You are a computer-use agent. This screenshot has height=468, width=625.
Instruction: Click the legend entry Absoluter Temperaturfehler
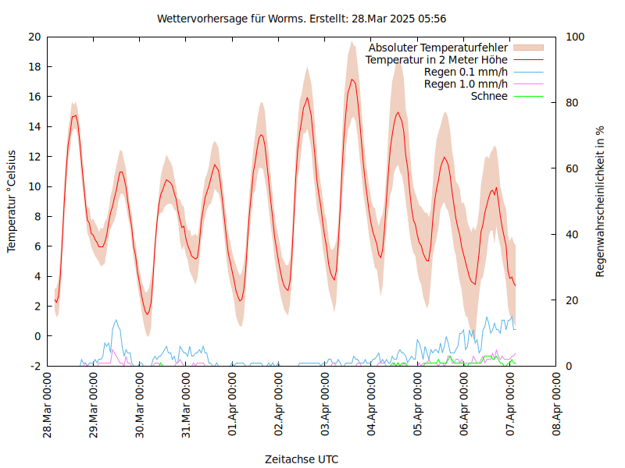[438, 47]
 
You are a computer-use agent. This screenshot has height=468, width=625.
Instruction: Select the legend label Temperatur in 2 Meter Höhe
[437, 59]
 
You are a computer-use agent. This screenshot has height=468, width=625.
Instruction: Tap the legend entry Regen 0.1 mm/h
[466, 72]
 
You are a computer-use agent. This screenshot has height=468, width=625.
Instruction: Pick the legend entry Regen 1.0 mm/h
[466, 84]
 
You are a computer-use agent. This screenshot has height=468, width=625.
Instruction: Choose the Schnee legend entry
[489, 96]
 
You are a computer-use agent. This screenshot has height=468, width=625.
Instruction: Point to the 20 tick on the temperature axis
[34, 37]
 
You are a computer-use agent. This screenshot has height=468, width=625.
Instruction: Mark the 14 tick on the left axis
[34, 126]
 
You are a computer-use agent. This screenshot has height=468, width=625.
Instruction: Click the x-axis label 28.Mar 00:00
[48, 406]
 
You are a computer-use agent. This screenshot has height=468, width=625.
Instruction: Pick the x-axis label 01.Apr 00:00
[233, 406]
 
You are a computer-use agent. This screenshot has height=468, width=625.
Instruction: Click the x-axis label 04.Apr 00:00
[372, 406]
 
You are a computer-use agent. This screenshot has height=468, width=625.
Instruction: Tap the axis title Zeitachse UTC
[302, 459]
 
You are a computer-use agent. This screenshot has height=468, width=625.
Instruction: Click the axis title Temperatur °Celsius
[12, 201]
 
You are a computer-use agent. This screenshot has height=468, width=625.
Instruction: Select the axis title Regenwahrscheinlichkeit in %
[601, 201]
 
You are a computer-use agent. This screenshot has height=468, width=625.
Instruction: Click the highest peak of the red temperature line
[352, 80]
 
